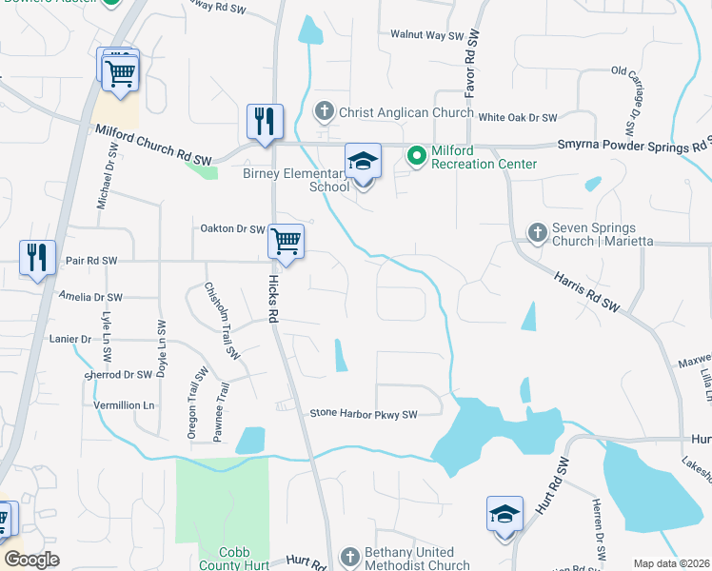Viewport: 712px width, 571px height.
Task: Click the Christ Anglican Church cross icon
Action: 324,112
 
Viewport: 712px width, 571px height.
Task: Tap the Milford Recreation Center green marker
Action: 416,154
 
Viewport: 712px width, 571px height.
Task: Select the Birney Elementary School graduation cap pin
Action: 363,163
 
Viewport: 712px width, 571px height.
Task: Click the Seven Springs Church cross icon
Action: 537,232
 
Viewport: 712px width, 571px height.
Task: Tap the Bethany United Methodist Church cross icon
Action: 350,556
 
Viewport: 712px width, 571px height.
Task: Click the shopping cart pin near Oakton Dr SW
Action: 286,242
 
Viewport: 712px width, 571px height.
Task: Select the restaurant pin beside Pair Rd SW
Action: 36,257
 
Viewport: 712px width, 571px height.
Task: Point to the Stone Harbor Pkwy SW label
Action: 365,414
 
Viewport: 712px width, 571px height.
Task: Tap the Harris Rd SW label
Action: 586,290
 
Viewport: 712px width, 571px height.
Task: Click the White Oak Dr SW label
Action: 518,117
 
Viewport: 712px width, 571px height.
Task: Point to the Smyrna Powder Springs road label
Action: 632,147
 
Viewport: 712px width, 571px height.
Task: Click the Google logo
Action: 31,560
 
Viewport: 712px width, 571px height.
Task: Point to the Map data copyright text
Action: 670,563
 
